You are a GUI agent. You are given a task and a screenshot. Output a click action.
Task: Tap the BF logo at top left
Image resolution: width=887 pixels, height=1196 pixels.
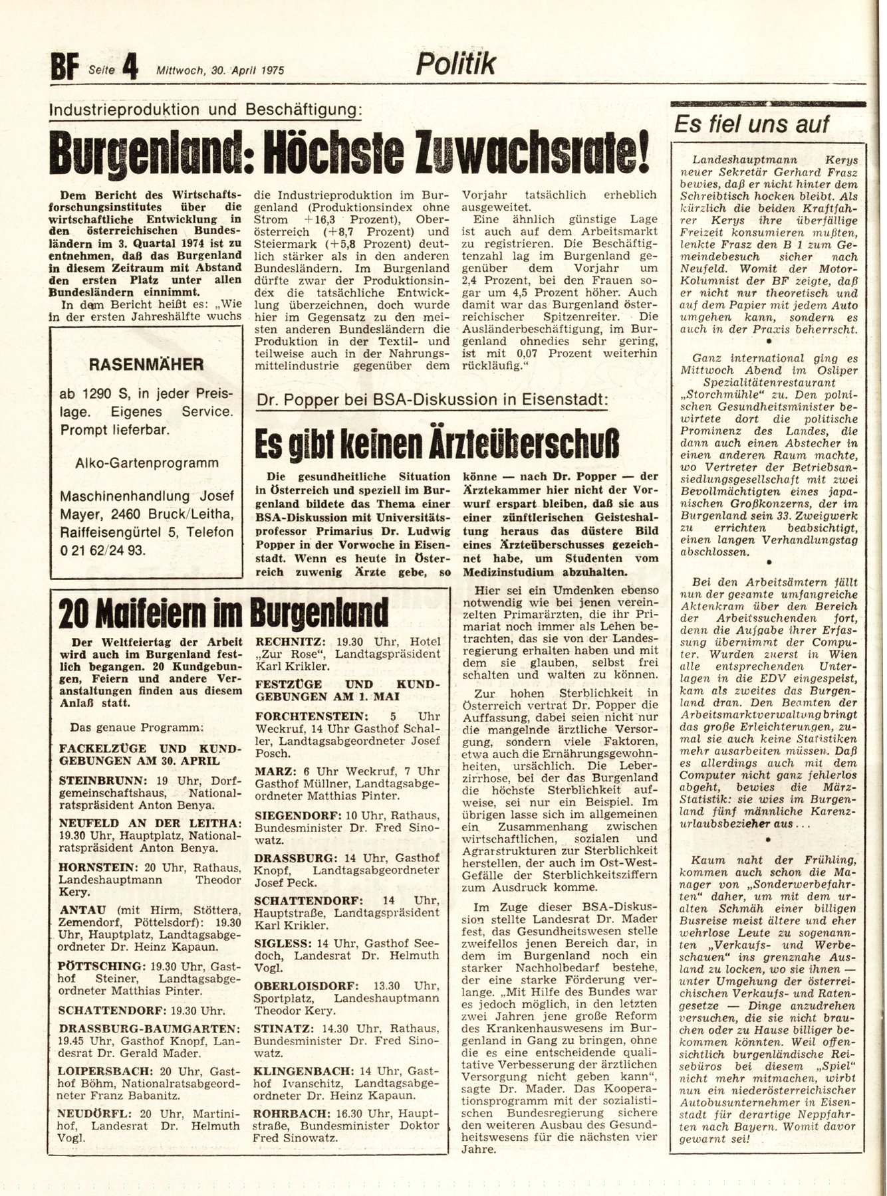tap(64, 68)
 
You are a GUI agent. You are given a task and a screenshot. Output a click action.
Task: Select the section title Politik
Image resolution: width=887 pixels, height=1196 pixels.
tap(456, 64)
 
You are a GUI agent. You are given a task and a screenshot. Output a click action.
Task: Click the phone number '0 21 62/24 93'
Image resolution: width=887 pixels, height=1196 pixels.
tap(102, 549)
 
